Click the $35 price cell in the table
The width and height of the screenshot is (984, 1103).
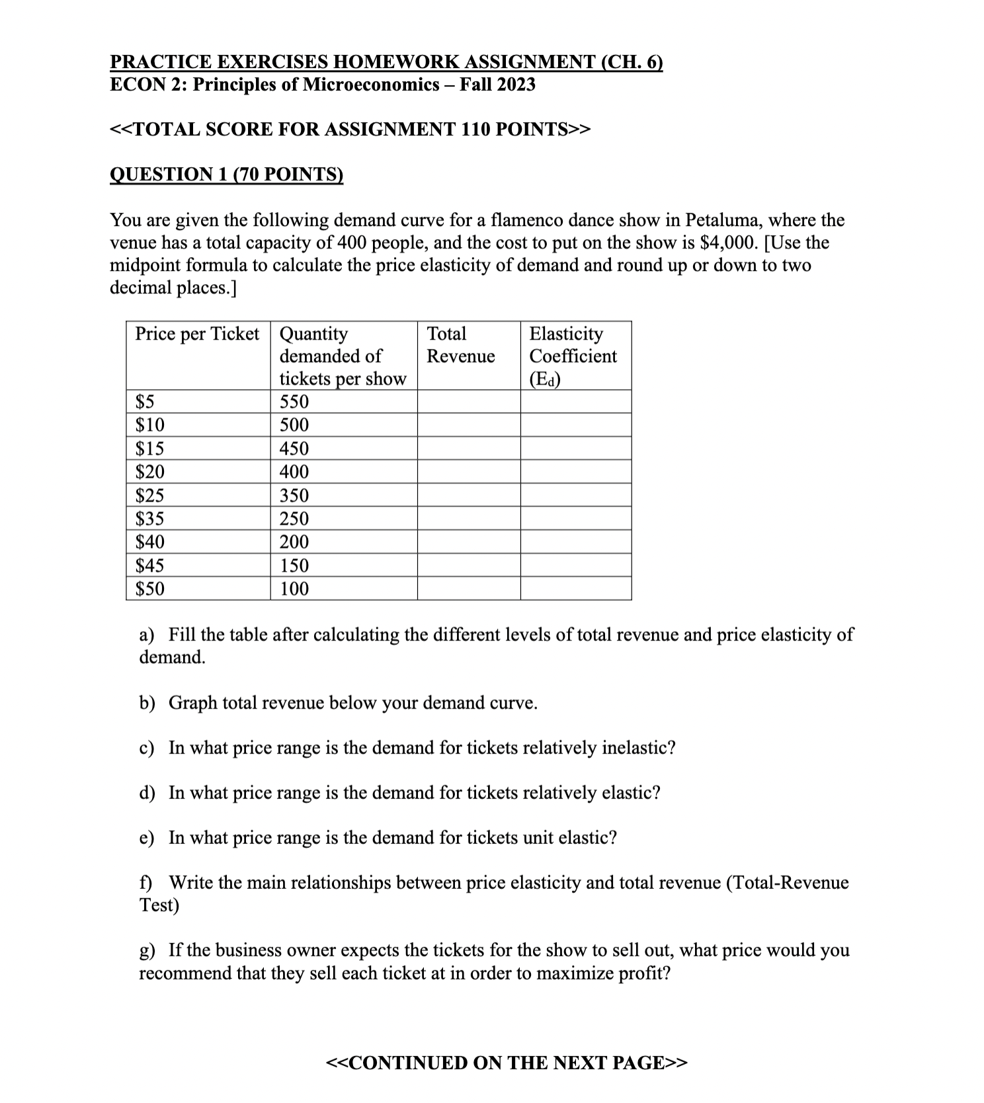tap(150, 518)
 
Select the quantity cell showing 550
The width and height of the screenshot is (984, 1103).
tap(294, 402)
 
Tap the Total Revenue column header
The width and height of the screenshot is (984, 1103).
tap(460, 345)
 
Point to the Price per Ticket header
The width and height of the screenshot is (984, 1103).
tap(197, 334)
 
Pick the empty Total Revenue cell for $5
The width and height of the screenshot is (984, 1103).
tap(468, 402)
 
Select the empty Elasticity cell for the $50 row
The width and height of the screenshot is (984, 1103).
tap(575, 588)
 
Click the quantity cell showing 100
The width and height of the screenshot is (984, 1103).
tap(294, 588)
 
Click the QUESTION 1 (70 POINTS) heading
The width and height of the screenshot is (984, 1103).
tap(226, 174)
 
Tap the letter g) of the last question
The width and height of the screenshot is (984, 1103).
tap(147, 950)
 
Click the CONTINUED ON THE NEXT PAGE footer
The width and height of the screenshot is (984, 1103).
tap(507, 1063)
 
